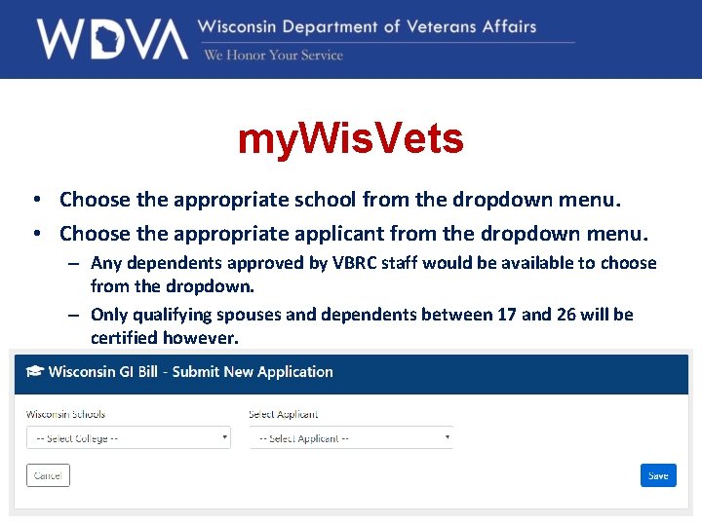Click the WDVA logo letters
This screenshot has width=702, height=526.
pyautogui.click(x=111, y=39)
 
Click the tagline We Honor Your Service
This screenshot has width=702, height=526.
pyautogui.click(x=273, y=56)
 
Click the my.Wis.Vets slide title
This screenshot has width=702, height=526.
pyautogui.click(x=350, y=140)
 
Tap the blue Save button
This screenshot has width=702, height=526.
pyautogui.click(x=658, y=475)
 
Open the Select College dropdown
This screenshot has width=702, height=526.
pyautogui.click(x=128, y=438)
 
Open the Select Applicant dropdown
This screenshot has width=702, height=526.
pyautogui.click(x=351, y=438)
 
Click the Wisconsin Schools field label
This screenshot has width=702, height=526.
pyautogui.click(x=65, y=414)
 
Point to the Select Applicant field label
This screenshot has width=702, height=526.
pyautogui.click(x=284, y=414)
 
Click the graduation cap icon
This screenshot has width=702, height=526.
pyautogui.click(x=35, y=371)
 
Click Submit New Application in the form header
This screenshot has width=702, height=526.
pyautogui.click(x=253, y=371)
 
